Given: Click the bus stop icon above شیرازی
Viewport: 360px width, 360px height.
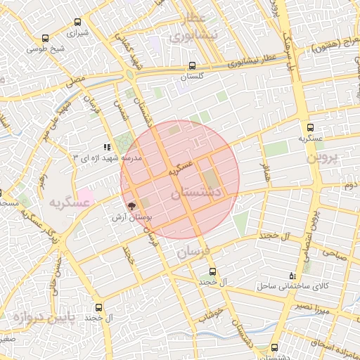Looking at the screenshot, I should [x=76, y=20].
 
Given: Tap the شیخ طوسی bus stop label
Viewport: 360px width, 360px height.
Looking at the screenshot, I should [x=46, y=49].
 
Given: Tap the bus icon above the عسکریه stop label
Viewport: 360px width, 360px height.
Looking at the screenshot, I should [x=310, y=127].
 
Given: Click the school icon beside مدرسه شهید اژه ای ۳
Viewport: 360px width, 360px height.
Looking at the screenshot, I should [x=107, y=147].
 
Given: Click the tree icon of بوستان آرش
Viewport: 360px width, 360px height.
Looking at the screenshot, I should [x=131, y=206].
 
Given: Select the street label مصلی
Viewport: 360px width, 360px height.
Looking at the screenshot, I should [x=76, y=82].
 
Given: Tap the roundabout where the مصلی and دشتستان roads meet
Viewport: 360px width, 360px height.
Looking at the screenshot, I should [x=131, y=74].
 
